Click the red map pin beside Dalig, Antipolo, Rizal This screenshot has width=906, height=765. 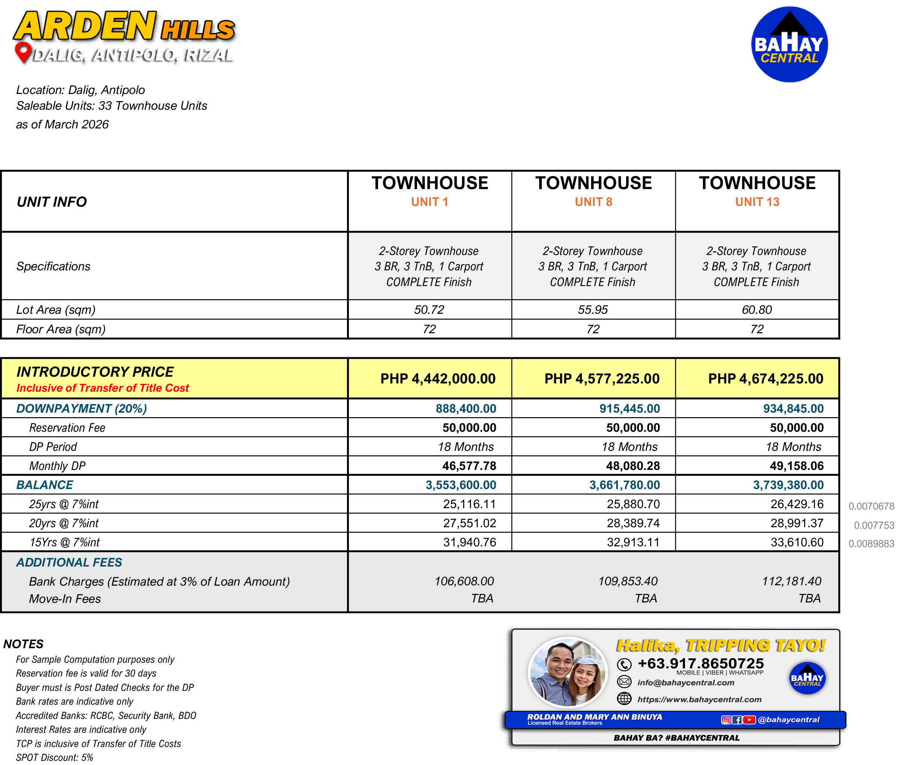(22, 52)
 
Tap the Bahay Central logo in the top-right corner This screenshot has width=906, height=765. (789, 45)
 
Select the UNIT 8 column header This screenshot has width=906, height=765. (593, 202)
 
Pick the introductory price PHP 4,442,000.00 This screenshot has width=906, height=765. (437, 379)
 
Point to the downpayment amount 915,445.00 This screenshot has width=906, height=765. (629, 409)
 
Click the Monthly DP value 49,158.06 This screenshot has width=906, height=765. (796, 466)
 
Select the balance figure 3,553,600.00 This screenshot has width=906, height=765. (460, 485)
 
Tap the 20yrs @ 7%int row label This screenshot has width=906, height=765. (64, 523)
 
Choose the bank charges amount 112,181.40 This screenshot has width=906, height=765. (791, 581)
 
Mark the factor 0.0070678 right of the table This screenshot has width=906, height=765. (871, 506)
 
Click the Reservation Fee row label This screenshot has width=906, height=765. (67, 428)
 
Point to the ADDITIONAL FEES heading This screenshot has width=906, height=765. (69, 562)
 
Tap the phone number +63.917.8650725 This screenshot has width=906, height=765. (700, 663)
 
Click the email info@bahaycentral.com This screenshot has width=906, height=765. (686, 683)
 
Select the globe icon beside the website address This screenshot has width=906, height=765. (624, 699)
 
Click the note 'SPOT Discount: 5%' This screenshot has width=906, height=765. (55, 758)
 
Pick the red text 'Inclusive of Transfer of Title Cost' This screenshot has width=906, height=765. (102, 388)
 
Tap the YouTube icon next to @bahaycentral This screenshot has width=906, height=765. (749, 720)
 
